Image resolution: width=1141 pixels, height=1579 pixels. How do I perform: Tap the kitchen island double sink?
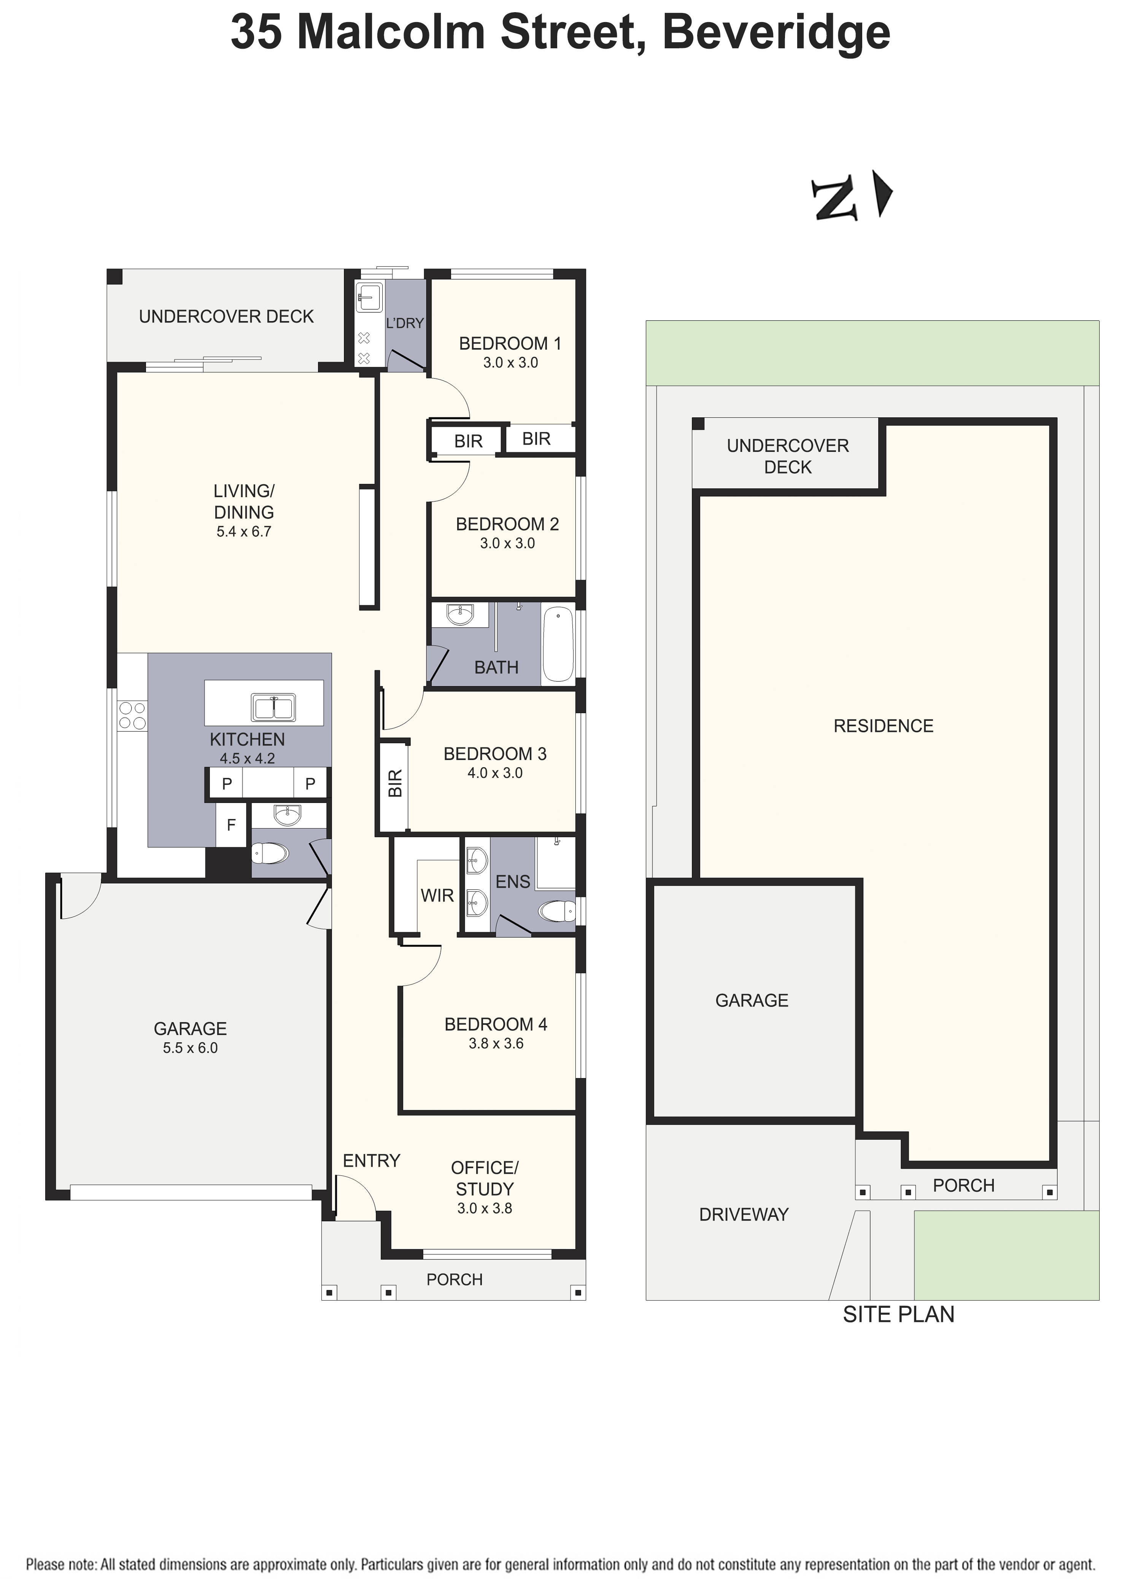273,708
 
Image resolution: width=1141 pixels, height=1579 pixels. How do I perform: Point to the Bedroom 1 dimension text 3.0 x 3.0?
510,363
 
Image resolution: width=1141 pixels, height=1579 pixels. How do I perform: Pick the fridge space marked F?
231,825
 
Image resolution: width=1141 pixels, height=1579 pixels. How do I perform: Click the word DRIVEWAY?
744,1215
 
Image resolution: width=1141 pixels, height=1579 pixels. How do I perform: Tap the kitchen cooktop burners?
132,716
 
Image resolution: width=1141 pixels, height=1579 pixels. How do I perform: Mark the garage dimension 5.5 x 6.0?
190,1048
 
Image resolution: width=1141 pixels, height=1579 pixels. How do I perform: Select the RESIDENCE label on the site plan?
883,726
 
